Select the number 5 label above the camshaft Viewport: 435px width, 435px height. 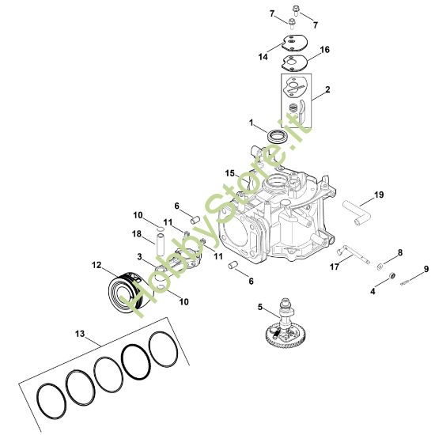tap(259, 306)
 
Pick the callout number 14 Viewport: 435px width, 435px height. tap(263, 57)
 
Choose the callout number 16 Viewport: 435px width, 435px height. tap(324, 49)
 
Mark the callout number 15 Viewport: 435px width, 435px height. tap(229, 172)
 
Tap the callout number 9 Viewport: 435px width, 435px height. tap(426, 269)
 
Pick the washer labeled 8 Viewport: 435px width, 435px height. tap(380, 265)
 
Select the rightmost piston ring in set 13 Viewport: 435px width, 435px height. tap(164, 350)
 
